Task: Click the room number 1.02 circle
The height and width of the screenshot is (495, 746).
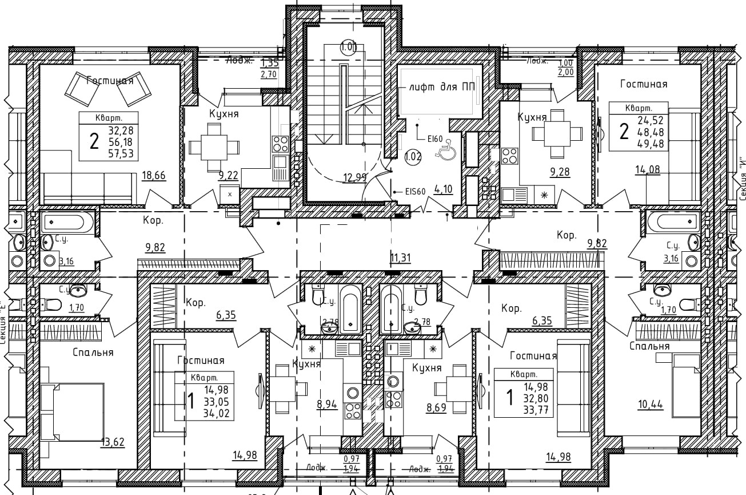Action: pyautogui.click(x=413, y=156)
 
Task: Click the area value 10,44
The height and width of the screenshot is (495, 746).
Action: pyautogui.click(x=651, y=405)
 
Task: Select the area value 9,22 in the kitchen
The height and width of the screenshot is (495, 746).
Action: pyautogui.click(x=228, y=176)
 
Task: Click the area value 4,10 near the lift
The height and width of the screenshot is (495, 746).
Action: pyautogui.click(x=443, y=188)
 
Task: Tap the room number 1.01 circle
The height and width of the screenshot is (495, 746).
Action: pyautogui.click(x=348, y=47)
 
